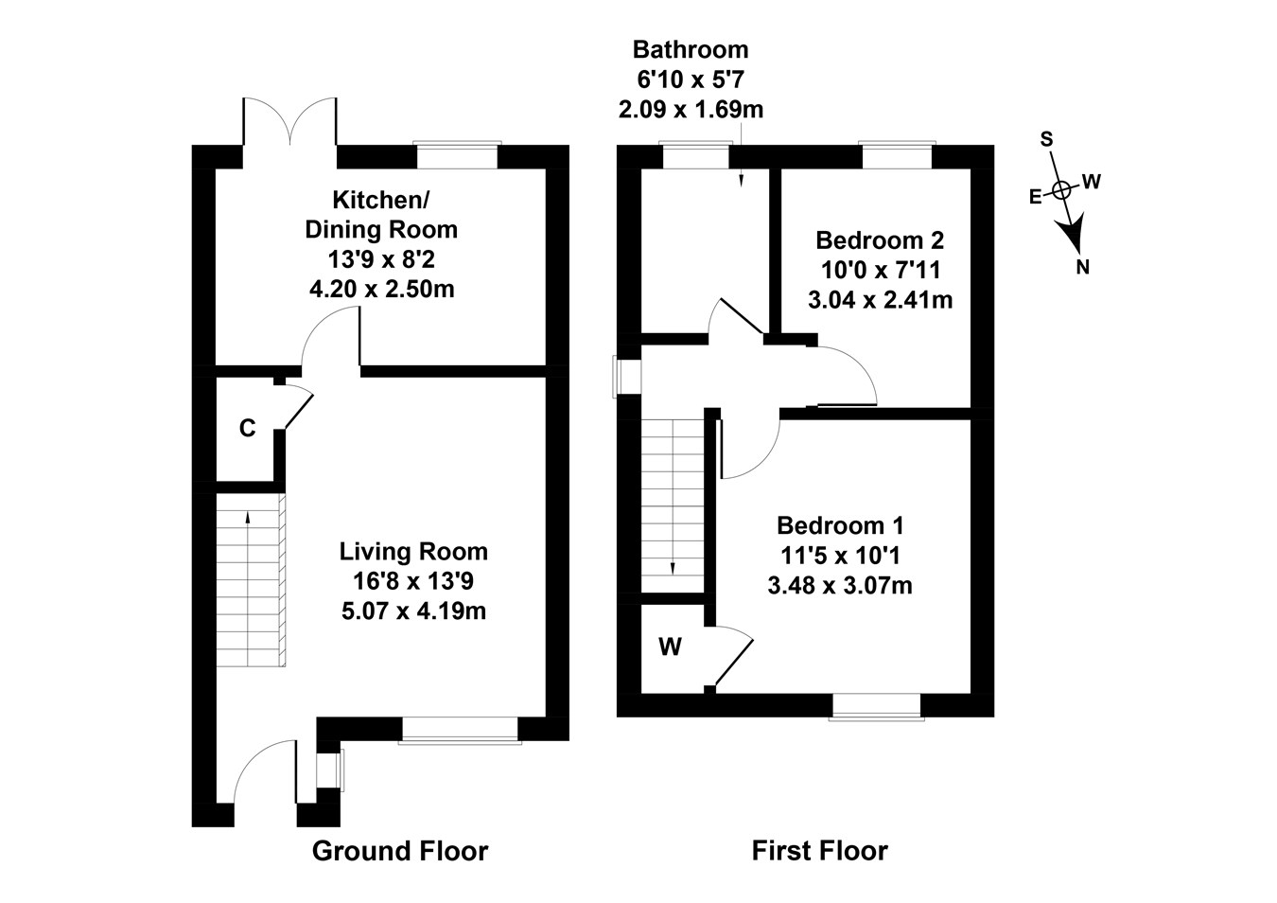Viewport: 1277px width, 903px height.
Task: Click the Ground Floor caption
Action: pos(400,851)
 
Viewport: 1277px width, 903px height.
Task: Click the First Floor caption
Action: pos(819,851)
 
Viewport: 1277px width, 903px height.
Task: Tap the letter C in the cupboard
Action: pos(247,429)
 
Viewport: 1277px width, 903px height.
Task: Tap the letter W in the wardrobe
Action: pos(670,647)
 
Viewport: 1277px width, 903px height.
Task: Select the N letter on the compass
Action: pos(1083,267)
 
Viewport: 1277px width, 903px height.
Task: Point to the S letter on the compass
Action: pos(1046,139)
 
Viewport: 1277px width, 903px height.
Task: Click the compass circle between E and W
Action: pos(1062,189)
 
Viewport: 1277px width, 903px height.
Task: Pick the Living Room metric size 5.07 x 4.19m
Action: pos(413,611)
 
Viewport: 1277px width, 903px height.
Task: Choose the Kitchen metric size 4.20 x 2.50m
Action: pos(381,289)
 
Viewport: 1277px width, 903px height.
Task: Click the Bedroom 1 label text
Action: pos(840,525)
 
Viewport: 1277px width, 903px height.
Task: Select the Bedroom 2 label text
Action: pos(880,240)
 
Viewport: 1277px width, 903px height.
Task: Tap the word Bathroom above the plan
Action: pos(691,49)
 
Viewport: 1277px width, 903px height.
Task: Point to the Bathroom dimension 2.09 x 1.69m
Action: pos(691,110)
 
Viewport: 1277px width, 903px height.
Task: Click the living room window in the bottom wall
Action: pos(460,729)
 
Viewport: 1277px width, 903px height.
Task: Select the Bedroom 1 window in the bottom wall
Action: pos(876,705)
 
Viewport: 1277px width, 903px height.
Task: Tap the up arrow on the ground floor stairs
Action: pos(248,517)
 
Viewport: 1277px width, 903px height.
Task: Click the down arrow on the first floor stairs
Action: pos(673,566)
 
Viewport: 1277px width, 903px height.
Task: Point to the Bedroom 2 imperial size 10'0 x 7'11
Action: pos(880,271)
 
